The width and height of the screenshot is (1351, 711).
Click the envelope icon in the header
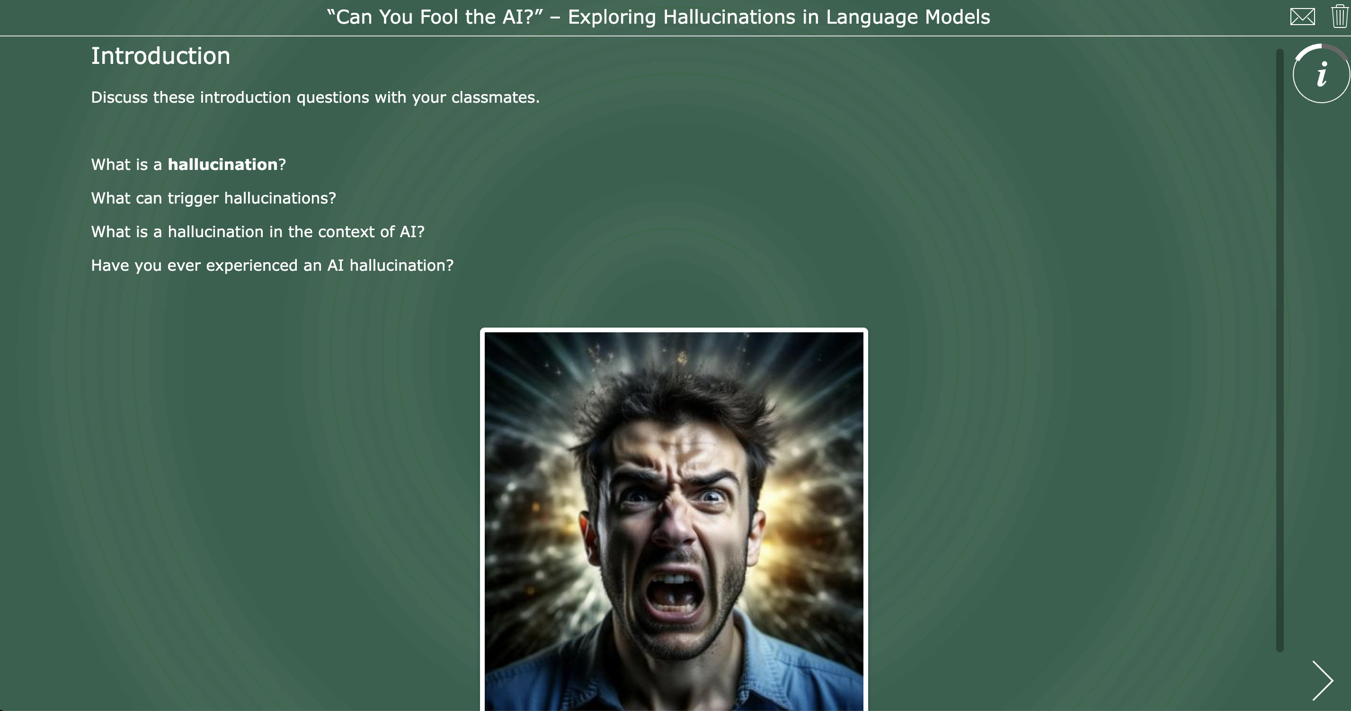[x=1302, y=17]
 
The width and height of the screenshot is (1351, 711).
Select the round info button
[x=1321, y=74]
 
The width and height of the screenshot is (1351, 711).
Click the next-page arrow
[x=1322, y=681]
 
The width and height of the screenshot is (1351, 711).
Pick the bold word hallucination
[x=222, y=165]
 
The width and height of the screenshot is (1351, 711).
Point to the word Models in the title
[x=957, y=18]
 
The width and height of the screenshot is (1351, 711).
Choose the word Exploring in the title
[x=612, y=18]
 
